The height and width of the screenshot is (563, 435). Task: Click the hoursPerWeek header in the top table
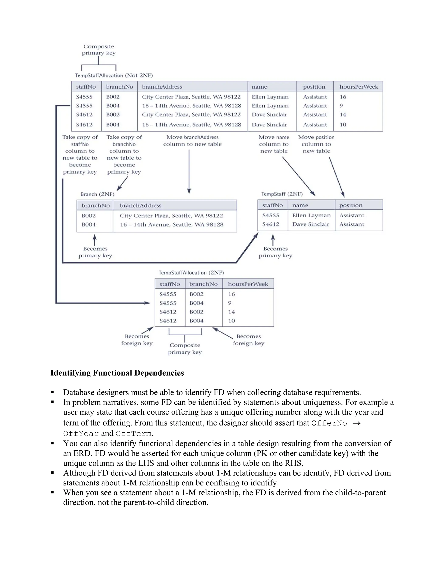pyautogui.click(x=359, y=87)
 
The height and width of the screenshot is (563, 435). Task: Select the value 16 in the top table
pyautogui.click(x=343, y=97)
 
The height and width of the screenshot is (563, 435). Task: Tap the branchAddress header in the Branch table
pyautogui.click(x=140, y=205)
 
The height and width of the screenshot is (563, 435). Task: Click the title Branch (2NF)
pyautogui.click(x=97, y=194)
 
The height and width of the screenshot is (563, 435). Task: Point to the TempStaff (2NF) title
pyautogui.click(x=282, y=194)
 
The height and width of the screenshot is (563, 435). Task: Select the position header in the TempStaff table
pyautogui.click(x=351, y=205)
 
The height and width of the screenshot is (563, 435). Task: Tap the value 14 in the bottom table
pyautogui.click(x=232, y=312)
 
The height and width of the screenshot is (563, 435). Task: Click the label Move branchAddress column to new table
pyautogui.click(x=192, y=141)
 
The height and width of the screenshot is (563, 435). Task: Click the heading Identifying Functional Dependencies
pyautogui.click(x=117, y=373)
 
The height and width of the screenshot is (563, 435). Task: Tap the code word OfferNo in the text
pyautogui.click(x=329, y=423)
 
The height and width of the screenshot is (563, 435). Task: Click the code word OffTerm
pyautogui.click(x=133, y=434)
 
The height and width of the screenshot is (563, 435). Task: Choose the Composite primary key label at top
pyautogui.click(x=99, y=50)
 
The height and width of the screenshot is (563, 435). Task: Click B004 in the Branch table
pyautogui.click(x=89, y=225)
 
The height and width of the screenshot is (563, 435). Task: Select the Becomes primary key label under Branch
pyautogui.click(x=95, y=252)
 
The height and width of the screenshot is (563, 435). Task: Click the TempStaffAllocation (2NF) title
pyautogui.click(x=191, y=273)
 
